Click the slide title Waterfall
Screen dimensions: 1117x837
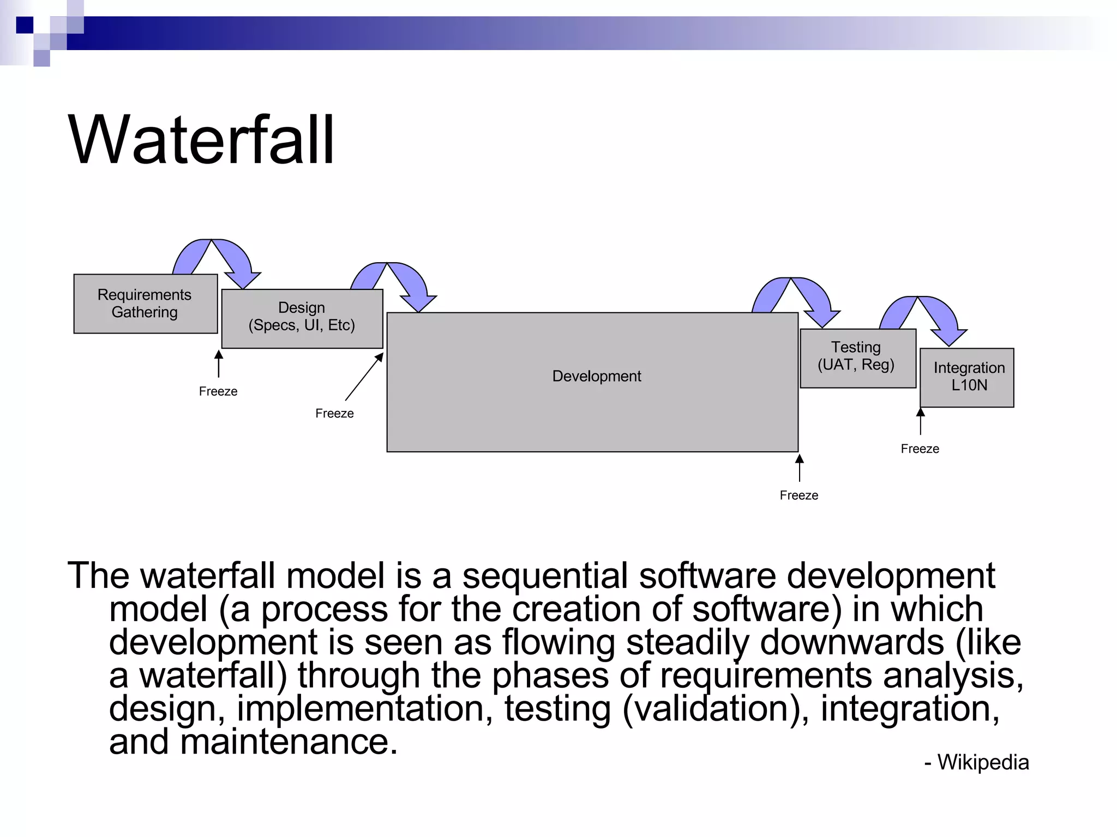tap(201, 140)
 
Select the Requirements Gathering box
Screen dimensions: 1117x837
tap(145, 304)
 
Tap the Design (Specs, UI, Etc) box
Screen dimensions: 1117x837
tap(302, 318)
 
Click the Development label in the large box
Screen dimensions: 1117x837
tap(596, 376)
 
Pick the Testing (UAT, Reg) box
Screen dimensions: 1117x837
tap(857, 357)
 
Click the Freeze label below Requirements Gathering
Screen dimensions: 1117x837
tap(218, 391)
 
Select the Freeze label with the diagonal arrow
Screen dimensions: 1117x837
tap(334, 414)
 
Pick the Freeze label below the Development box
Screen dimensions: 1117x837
tap(798, 495)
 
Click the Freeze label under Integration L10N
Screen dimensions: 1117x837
tap(920, 449)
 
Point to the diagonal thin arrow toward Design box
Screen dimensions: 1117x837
tap(364, 377)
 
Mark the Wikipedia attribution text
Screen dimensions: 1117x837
tap(977, 762)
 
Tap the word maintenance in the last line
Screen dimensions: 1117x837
tap(284, 742)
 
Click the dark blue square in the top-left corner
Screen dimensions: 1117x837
tap(25, 25)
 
